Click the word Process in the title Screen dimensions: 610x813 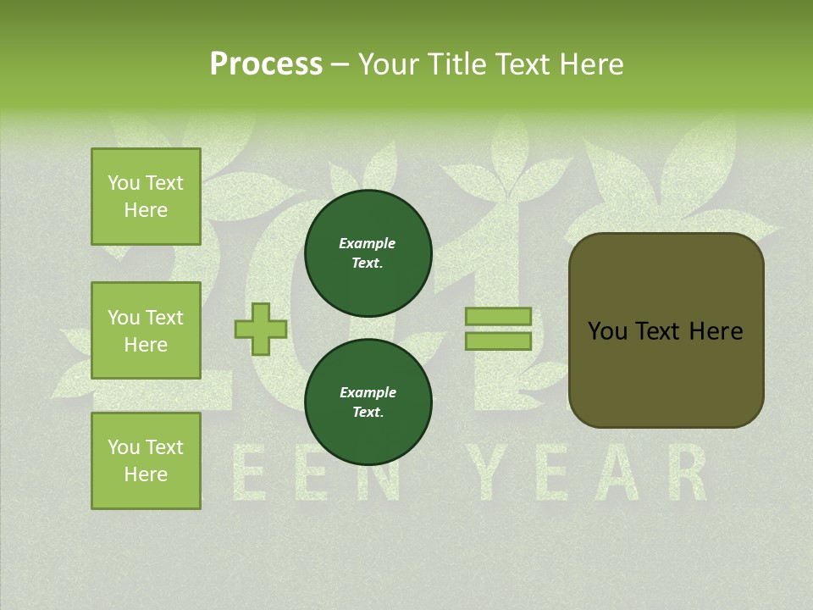coord(266,64)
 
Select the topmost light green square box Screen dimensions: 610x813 coord(146,197)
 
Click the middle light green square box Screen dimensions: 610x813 coord(146,330)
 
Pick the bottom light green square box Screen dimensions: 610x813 coord(146,461)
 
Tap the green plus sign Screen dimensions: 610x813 coord(261,329)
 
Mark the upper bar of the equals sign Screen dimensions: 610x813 coord(498,316)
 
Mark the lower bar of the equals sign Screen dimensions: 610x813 coord(498,341)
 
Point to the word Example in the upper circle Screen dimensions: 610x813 coord(368,243)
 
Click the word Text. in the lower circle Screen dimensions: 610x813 coord(368,413)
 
